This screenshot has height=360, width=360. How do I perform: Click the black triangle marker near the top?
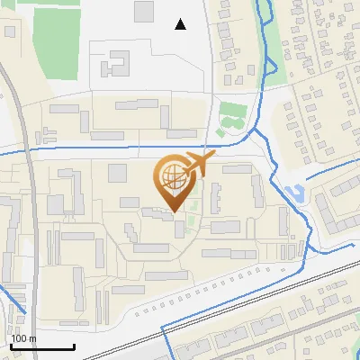(181, 24)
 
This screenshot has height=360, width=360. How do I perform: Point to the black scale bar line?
(42, 347)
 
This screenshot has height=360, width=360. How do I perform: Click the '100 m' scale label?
(24, 339)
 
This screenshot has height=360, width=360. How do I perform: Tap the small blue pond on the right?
(292, 192)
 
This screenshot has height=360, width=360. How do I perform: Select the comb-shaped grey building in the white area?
(114, 65)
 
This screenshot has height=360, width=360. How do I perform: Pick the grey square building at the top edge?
(144, 11)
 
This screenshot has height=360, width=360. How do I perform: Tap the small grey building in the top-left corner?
(9, 31)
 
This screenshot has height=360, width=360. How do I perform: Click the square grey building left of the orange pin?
(117, 173)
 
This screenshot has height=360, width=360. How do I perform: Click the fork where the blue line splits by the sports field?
(251, 130)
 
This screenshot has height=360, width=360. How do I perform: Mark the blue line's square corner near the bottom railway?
(162, 325)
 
